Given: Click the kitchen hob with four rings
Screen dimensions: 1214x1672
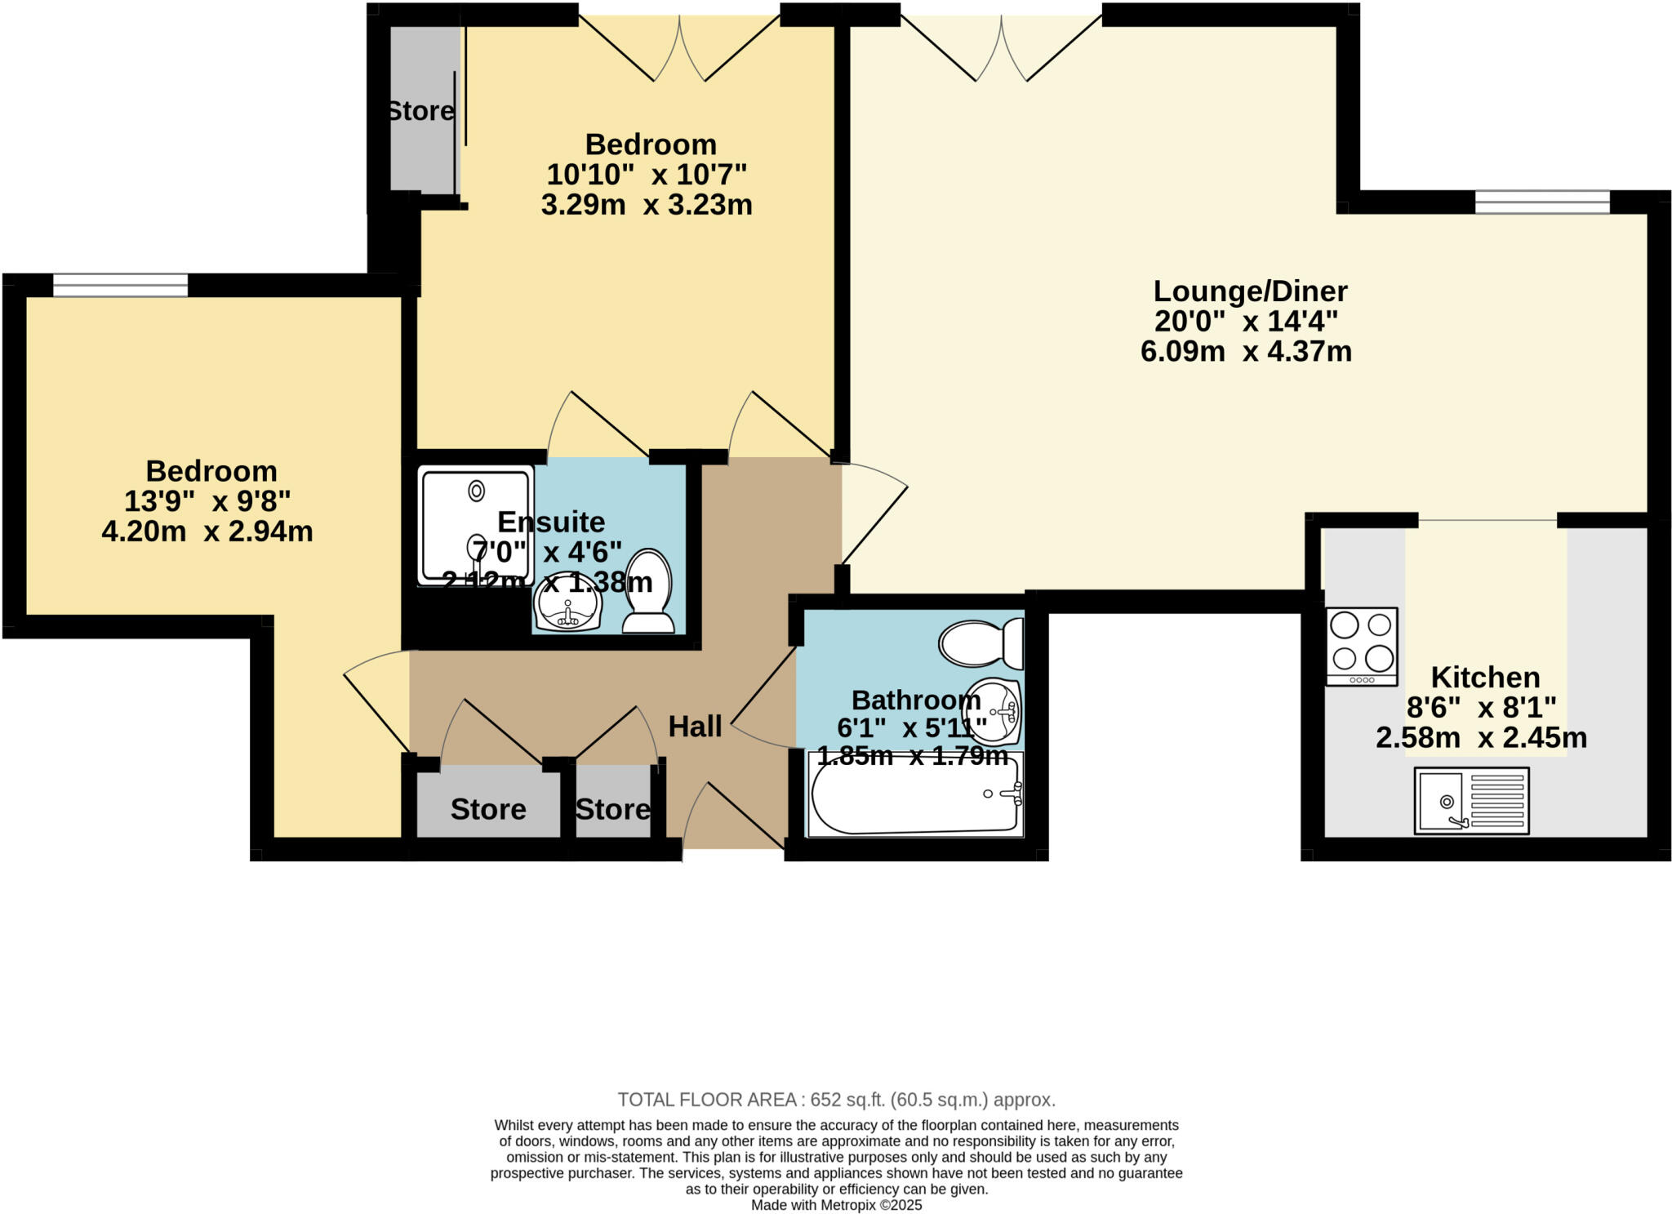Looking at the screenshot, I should [1361, 646].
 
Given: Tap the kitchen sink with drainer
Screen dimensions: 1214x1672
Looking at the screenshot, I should [1471, 800].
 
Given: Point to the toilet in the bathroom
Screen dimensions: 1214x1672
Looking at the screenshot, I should [981, 643].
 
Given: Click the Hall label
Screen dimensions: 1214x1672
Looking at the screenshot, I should [695, 726].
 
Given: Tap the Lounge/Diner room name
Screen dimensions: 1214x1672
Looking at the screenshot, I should [1249, 291].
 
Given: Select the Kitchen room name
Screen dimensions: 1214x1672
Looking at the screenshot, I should [1485, 677].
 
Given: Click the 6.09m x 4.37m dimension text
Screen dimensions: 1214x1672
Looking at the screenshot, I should [1246, 351].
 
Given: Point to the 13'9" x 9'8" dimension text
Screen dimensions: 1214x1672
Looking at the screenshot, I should [207, 500].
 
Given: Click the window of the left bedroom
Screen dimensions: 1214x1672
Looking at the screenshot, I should [120, 285].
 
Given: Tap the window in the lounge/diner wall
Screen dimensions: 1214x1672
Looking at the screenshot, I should [1541, 201].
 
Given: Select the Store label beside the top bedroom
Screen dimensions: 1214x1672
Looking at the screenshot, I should [420, 111].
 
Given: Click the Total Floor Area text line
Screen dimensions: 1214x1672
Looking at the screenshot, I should [836, 1099].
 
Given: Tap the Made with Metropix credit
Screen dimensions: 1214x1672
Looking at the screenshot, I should [836, 1205].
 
